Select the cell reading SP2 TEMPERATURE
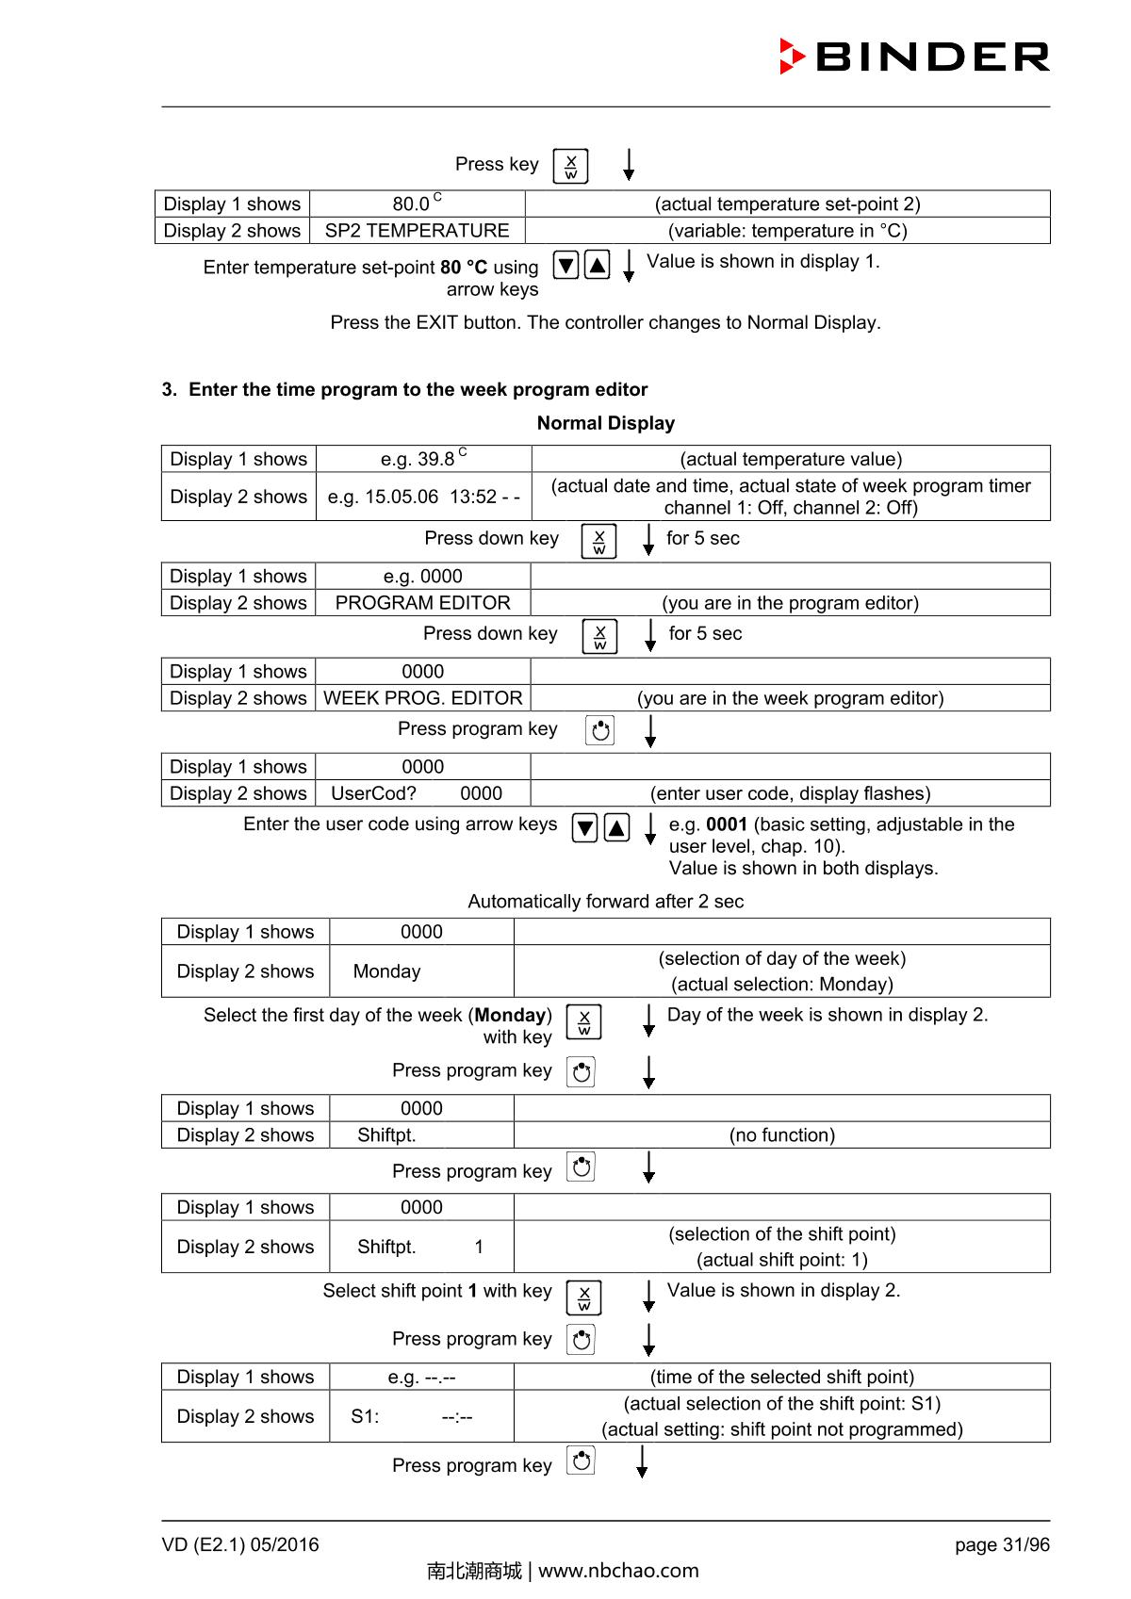417,231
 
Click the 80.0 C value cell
417,204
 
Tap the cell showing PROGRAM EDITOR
422,603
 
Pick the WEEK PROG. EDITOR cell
422,698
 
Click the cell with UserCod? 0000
422,793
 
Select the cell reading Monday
387,971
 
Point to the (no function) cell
781,1135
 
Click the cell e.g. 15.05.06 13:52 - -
423,497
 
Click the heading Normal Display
605,423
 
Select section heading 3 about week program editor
404,389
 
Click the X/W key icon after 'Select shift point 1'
583,1297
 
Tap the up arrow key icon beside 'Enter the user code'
616,828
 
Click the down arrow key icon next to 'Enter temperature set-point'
565,266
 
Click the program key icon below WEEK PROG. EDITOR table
599,730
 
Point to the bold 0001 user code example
727,824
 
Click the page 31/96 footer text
1001,1545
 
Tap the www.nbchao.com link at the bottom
618,1571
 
